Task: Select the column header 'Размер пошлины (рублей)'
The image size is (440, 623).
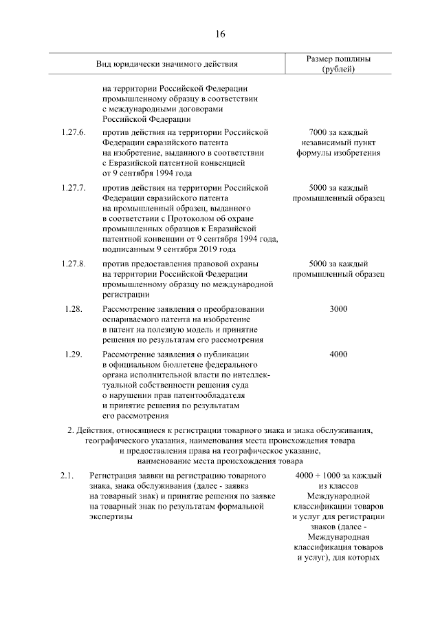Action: coord(338,65)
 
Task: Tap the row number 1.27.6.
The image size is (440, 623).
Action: coord(72,131)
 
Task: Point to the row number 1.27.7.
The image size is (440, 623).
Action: coord(72,187)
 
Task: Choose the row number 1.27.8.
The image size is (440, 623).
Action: coord(72,264)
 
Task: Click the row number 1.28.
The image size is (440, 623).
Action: coord(74,309)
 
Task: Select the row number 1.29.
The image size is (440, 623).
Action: coord(74,355)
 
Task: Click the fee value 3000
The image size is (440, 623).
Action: coord(338,309)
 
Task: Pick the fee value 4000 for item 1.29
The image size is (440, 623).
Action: coord(338,355)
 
